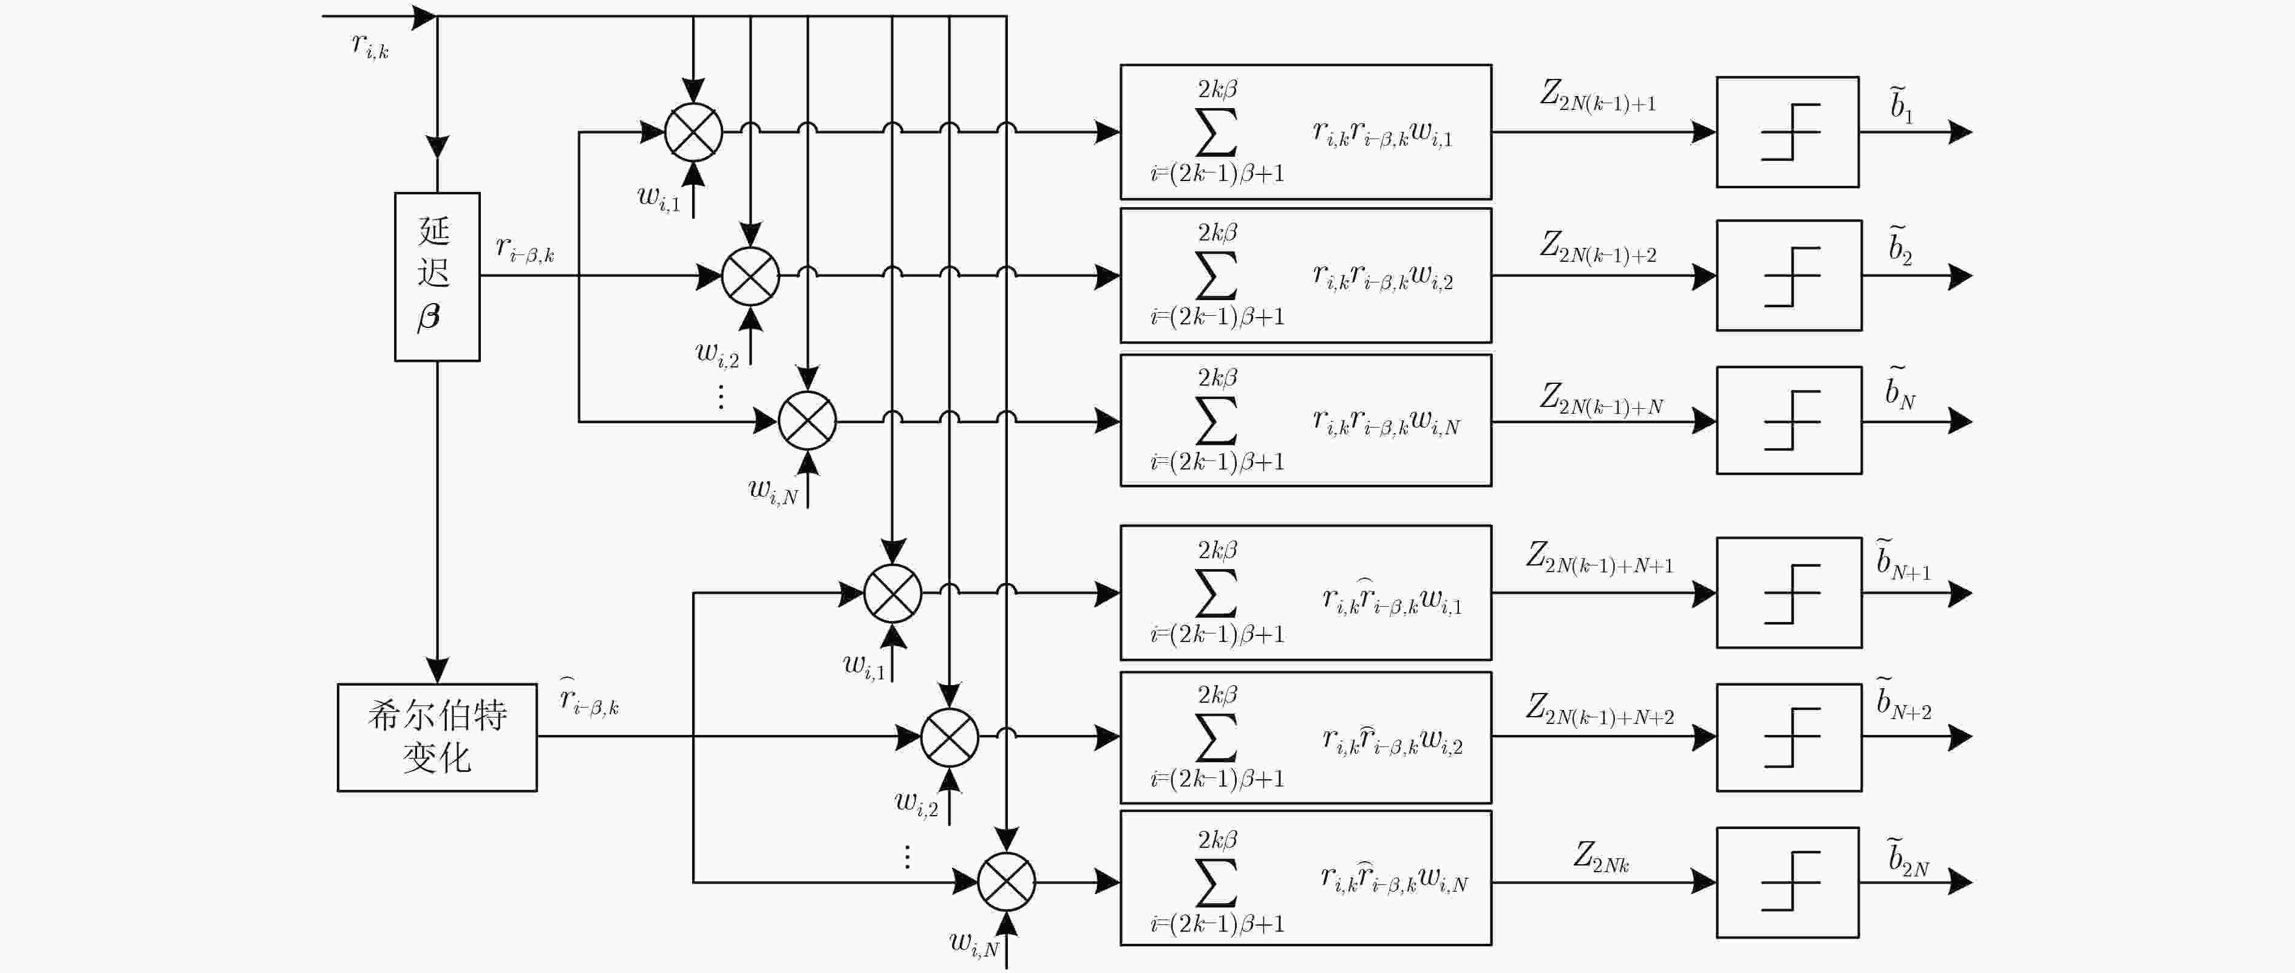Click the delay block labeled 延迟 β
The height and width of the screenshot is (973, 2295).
437,277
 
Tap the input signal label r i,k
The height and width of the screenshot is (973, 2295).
370,44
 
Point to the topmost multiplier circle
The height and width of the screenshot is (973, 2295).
693,132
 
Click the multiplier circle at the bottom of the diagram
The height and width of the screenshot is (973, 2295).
1006,882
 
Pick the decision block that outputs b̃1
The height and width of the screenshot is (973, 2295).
1787,132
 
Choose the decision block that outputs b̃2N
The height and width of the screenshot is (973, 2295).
1787,882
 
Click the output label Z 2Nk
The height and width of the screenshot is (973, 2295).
1601,857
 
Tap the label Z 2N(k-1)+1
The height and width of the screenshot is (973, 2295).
1598,96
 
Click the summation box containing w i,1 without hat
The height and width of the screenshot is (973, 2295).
1305,132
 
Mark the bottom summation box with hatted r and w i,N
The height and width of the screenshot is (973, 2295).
1305,878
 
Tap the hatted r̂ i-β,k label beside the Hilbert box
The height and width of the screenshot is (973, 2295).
588,697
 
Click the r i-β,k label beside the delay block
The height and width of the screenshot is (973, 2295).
525,248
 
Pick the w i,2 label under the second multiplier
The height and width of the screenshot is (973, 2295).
717,353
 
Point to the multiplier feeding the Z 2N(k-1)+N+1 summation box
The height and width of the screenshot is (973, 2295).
892,593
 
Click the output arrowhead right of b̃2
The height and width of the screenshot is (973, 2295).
1960,276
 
